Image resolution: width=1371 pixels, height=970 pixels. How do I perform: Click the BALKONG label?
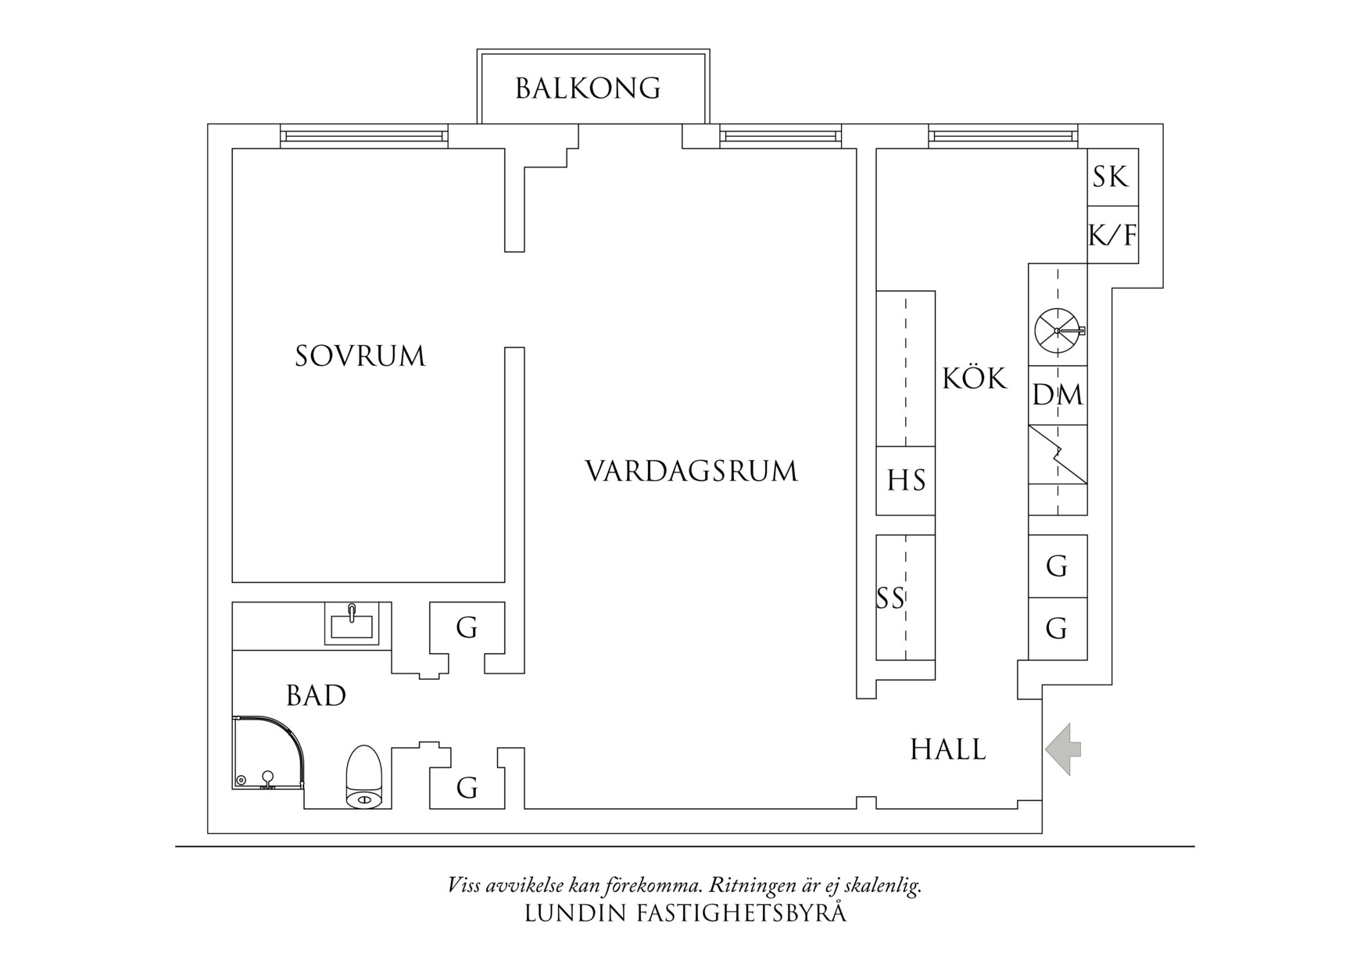pyautogui.click(x=588, y=88)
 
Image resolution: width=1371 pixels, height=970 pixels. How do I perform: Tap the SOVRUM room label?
pyautogui.click(x=360, y=357)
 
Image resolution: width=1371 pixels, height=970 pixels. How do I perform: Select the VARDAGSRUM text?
pyautogui.click(x=692, y=472)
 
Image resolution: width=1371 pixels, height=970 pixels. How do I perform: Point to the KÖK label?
pyautogui.click(x=975, y=379)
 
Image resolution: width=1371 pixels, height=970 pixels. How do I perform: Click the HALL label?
pyautogui.click(x=948, y=749)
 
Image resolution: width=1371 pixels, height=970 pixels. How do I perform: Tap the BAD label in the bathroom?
pyautogui.click(x=316, y=695)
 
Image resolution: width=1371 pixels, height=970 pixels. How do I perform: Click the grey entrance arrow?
pyautogui.click(x=1063, y=749)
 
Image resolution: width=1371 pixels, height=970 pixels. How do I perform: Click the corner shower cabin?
pyautogui.click(x=266, y=753)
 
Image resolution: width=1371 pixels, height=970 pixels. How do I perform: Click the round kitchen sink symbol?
pyautogui.click(x=1056, y=330)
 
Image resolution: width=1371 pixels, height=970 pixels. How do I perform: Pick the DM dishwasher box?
pyautogui.click(x=1058, y=395)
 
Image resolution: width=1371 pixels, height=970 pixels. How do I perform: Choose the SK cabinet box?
pyautogui.click(x=1111, y=178)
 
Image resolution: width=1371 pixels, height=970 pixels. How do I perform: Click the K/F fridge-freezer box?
pyautogui.click(x=1112, y=235)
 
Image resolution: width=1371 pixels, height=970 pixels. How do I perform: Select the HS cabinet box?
pyautogui.click(x=906, y=480)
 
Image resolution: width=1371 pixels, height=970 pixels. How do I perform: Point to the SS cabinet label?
pyautogui.click(x=891, y=598)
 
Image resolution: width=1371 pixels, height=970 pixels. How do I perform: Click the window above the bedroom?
pyautogui.click(x=364, y=137)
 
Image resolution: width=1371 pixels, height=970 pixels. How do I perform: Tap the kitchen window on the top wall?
pyautogui.click(x=1003, y=137)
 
